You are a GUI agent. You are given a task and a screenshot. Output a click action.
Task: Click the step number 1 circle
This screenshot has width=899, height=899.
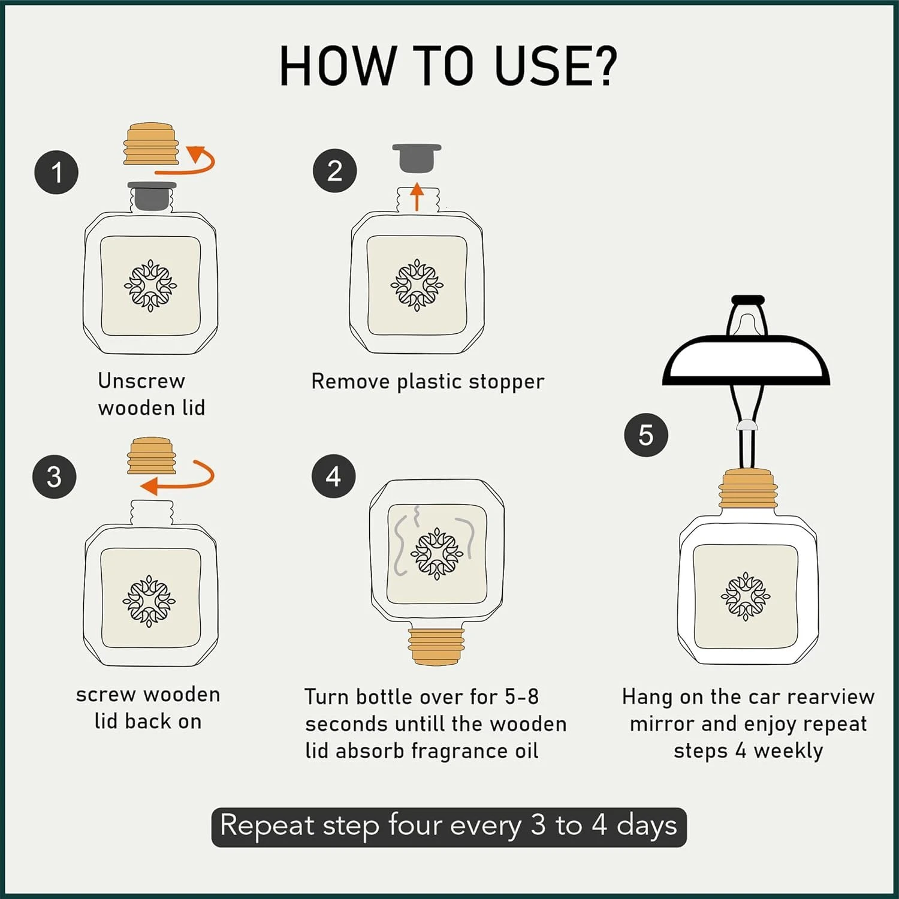[x=56, y=173]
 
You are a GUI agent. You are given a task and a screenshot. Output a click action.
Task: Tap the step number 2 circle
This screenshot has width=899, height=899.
[x=334, y=171]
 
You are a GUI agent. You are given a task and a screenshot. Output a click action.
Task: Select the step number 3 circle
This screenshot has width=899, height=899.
[x=55, y=477]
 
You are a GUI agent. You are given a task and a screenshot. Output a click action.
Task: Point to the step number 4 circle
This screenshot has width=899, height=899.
[x=333, y=477]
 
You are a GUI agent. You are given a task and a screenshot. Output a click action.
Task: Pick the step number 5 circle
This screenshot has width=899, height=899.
[x=645, y=435]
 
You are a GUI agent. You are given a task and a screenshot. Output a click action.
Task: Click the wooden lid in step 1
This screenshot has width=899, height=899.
[x=151, y=144]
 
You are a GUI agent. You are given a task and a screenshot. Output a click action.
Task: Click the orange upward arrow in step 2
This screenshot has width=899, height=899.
[x=417, y=197]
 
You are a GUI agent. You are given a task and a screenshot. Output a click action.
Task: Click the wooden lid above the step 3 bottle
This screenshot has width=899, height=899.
[x=152, y=455]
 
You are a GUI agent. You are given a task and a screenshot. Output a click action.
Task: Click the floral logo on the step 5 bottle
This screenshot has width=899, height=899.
[x=746, y=596]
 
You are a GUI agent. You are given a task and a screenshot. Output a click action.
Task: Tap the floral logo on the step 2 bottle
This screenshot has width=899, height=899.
[x=417, y=285]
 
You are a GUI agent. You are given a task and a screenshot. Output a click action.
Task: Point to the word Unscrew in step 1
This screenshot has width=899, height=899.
[x=141, y=381]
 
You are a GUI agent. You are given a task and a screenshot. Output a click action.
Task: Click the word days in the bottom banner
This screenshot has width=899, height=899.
[x=647, y=826]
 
